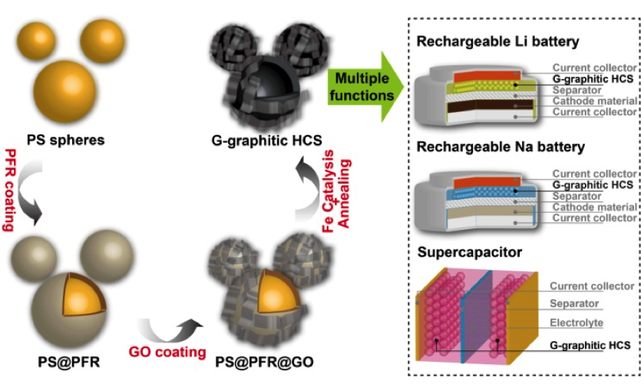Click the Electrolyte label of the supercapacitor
[x=576, y=323]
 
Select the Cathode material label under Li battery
[x=595, y=101]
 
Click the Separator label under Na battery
[x=577, y=196]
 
